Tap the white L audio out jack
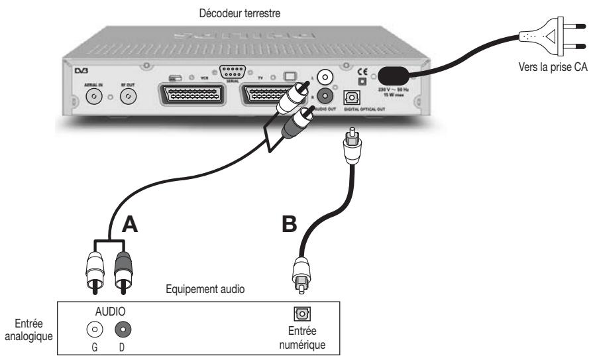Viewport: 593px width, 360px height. [x=324, y=78]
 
